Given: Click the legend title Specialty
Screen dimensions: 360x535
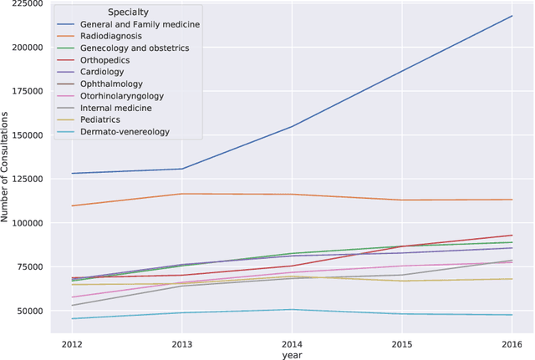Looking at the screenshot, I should click(x=129, y=12).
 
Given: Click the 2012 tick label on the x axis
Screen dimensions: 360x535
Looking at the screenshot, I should click(x=71, y=344).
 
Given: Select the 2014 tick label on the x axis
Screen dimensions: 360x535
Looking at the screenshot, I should click(x=291, y=344).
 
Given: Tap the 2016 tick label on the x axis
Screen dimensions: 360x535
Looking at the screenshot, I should click(x=512, y=344).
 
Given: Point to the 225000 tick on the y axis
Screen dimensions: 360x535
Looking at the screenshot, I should click(x=23, y=3).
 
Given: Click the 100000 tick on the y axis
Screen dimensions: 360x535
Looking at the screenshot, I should click(x=23, y=223).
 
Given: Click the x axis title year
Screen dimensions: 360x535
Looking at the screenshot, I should click(x=291, y=355).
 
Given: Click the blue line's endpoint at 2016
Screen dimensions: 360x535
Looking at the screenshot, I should click(x=512, y=16).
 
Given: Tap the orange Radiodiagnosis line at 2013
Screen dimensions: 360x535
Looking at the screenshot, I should click(x=181, y=194).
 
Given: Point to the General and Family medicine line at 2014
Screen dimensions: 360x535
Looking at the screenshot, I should click(x=291, y=127).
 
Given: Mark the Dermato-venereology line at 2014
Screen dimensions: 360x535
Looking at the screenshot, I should click(x=291, y=310).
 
